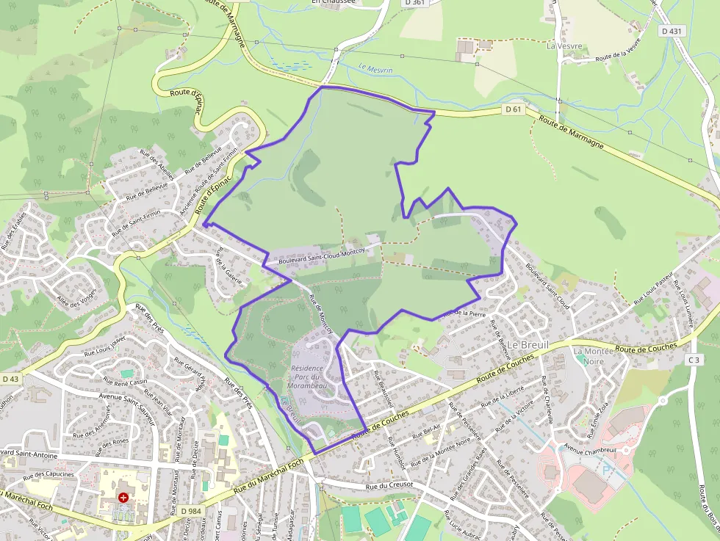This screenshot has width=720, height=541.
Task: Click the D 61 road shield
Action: coord(514,109)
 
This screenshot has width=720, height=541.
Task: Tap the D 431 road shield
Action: coord(672,31)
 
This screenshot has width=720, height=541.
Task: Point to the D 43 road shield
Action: coord(10,379)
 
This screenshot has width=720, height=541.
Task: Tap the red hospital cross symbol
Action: coord(123,497)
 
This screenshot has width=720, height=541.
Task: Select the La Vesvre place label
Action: coord(564,46)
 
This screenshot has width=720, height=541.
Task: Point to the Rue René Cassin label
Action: coord(125,382)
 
